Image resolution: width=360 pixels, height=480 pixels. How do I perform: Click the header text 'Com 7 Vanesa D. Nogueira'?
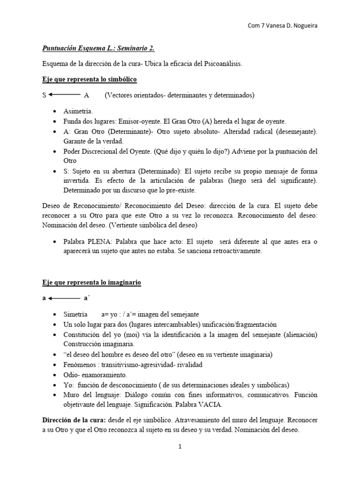(282, 26)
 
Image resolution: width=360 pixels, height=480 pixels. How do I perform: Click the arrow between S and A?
(63, 95)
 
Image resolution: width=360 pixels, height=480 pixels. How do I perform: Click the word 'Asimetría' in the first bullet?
(78, 111)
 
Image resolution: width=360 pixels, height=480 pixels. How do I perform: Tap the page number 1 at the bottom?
(180, 447)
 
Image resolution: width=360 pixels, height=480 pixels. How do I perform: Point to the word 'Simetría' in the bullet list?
(76, 314)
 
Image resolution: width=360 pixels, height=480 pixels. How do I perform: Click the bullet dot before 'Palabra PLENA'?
(56, 241)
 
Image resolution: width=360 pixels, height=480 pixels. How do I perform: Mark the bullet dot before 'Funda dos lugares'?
(56, 121)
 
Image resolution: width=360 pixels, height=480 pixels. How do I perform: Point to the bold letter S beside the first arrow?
(44, 95)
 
